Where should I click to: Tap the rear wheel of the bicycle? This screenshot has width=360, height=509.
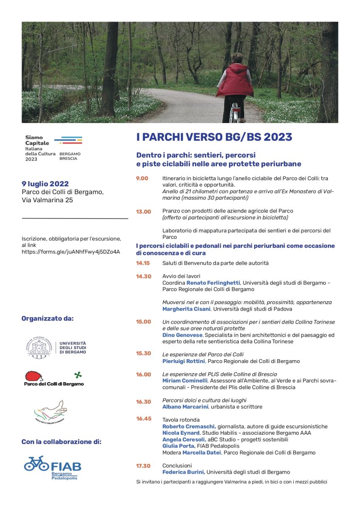click(x=234, y=115)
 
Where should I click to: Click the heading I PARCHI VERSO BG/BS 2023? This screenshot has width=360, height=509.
click(x=214, y=137)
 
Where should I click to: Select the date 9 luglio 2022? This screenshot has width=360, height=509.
click(x=45, y=184)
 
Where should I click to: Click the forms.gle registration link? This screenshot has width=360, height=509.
click(x=71, y=252)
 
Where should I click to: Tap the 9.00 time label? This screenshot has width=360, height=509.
click(x=142, y=179)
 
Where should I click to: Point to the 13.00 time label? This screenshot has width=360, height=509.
click(x=143, y=211)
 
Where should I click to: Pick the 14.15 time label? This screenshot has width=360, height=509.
click(x=143, y=263)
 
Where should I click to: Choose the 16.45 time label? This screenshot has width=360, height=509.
click(x=143, y=419)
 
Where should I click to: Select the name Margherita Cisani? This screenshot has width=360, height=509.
click(x=186, y=309)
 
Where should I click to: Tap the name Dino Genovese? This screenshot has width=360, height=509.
click(x=182, y=335)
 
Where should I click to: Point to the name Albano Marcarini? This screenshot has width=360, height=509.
click(x=185, y=407)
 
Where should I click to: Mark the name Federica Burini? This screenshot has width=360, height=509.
click(x=183, y=472)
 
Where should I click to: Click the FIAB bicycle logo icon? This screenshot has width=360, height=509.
click(x=36, y=463)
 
